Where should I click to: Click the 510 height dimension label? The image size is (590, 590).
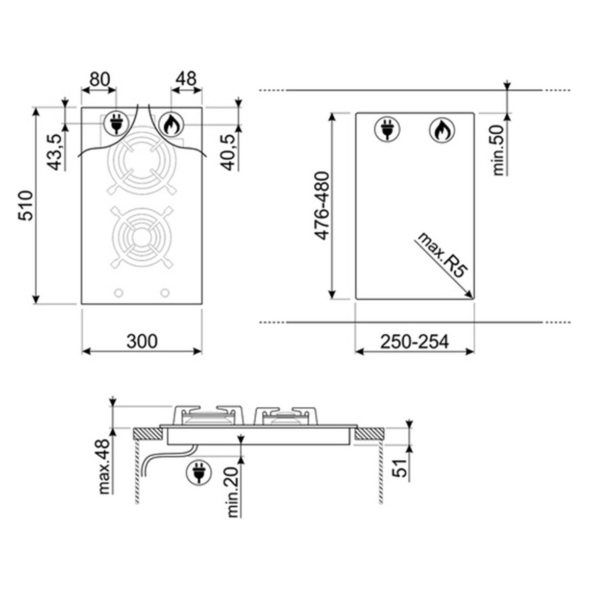(x=27, y=206)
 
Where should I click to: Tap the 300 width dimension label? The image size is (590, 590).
(x=142, y=341)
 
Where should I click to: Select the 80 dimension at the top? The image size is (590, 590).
(x=100, y=79)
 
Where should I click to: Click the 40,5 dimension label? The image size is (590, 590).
(x=229, y=152)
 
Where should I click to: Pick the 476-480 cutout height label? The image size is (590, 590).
(x=322, y=206)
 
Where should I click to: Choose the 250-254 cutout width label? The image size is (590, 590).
(x=414, y=341)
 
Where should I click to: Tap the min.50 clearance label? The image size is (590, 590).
(x=498, y=150)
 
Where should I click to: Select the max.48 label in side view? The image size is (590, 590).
(x=103, y=466)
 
